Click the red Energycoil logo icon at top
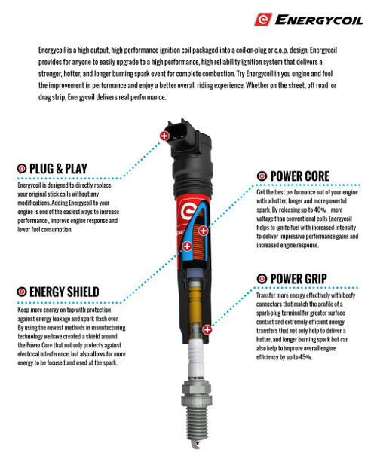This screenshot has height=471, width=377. pos(263,20)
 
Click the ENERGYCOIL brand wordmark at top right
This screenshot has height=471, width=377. pos(319,20)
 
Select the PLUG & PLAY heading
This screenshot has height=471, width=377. pos(58,169)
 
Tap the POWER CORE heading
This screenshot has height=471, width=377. pos(300,176)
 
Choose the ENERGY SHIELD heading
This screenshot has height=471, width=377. pos(64,292)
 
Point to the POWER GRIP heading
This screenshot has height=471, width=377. pos(299,279)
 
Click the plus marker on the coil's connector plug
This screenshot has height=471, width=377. pos(164,136)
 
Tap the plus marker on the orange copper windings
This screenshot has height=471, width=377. pos(204,231)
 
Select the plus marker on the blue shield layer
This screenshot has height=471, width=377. pos(187,246)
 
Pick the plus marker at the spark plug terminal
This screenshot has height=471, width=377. pos(207,329)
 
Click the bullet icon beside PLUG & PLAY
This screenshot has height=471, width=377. pos(22,169)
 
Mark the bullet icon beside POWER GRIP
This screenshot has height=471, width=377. pos(262,279)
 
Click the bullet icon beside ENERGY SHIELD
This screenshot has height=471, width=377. pos(22,292)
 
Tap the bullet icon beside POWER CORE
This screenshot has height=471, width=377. pos(262,176)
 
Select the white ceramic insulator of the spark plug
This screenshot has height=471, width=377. pos(196,360)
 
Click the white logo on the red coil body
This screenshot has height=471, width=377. pos(188,211)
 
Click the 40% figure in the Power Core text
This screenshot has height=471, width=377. pos(320,210)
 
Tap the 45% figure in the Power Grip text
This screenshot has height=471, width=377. pos(306,357)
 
